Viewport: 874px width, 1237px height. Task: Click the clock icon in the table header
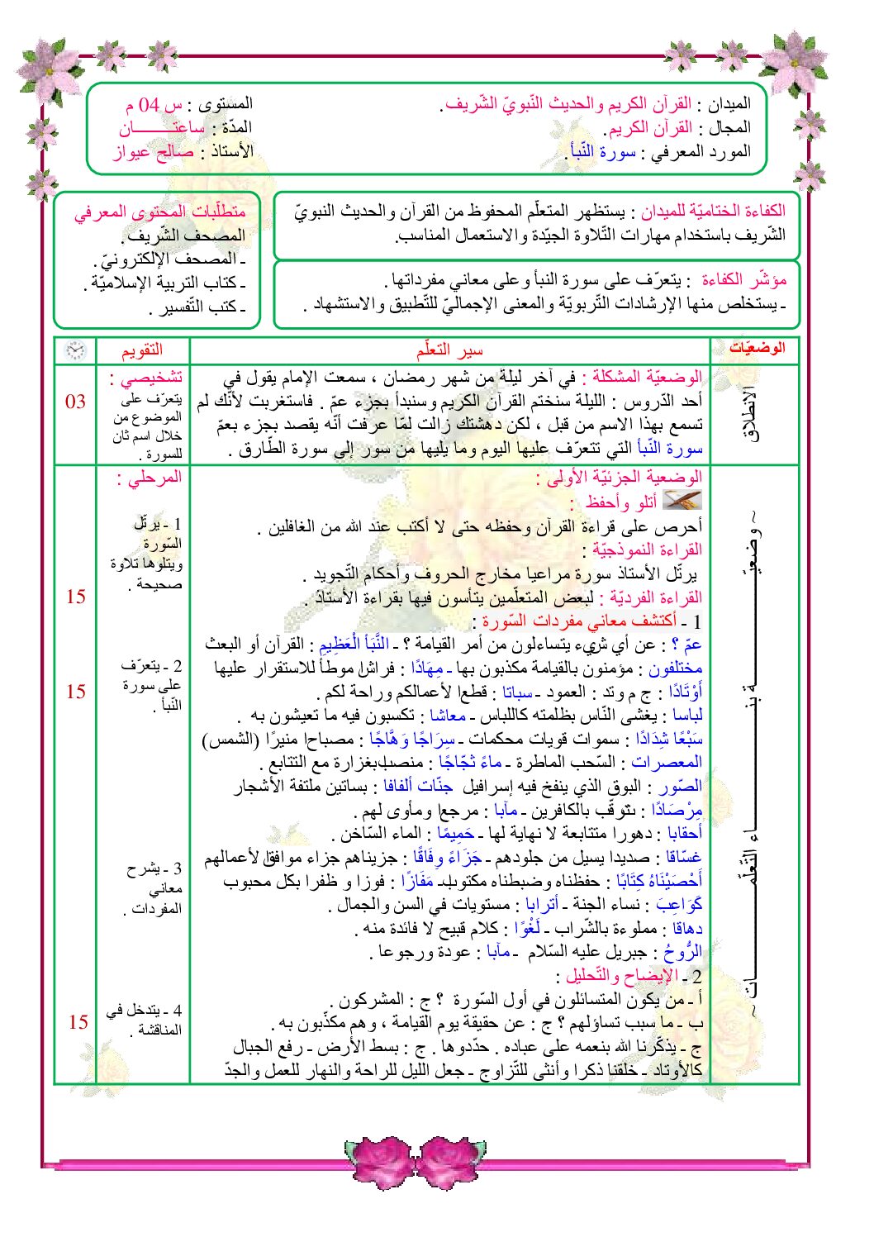[x=75, y=350]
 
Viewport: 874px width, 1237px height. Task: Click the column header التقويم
[x=142, y=350]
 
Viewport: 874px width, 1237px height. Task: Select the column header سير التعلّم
[x=449, y=350]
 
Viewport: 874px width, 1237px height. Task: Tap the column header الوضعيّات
[x=755, y=349]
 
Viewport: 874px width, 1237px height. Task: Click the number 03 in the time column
[x=75, y=402]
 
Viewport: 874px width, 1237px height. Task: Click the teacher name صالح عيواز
[x=154, y=151]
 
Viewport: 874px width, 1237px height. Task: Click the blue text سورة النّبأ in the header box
[x=600, y=151]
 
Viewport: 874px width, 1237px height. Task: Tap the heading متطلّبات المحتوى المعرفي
[x=160, y=212]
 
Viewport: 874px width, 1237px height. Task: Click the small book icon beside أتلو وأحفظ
[x=682, y=500]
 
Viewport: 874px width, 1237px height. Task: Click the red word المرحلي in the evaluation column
[x=149, y=478]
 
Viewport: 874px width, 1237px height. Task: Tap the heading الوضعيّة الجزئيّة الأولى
[x=619, y=478]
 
